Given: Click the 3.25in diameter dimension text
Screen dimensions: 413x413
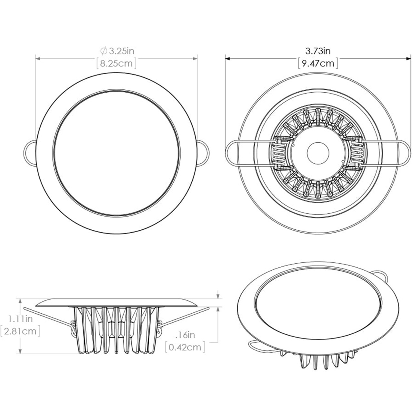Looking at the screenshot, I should click(121, 51).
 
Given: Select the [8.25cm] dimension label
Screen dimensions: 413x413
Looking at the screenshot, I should click(116, 63).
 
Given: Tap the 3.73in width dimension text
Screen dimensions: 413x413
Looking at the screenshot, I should click(318, 51).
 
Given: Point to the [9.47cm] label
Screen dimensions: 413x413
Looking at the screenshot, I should click(318, 63).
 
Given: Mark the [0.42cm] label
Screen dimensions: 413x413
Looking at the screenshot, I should click(185, 347).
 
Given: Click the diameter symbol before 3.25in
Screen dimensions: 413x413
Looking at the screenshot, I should click(104, 51).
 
